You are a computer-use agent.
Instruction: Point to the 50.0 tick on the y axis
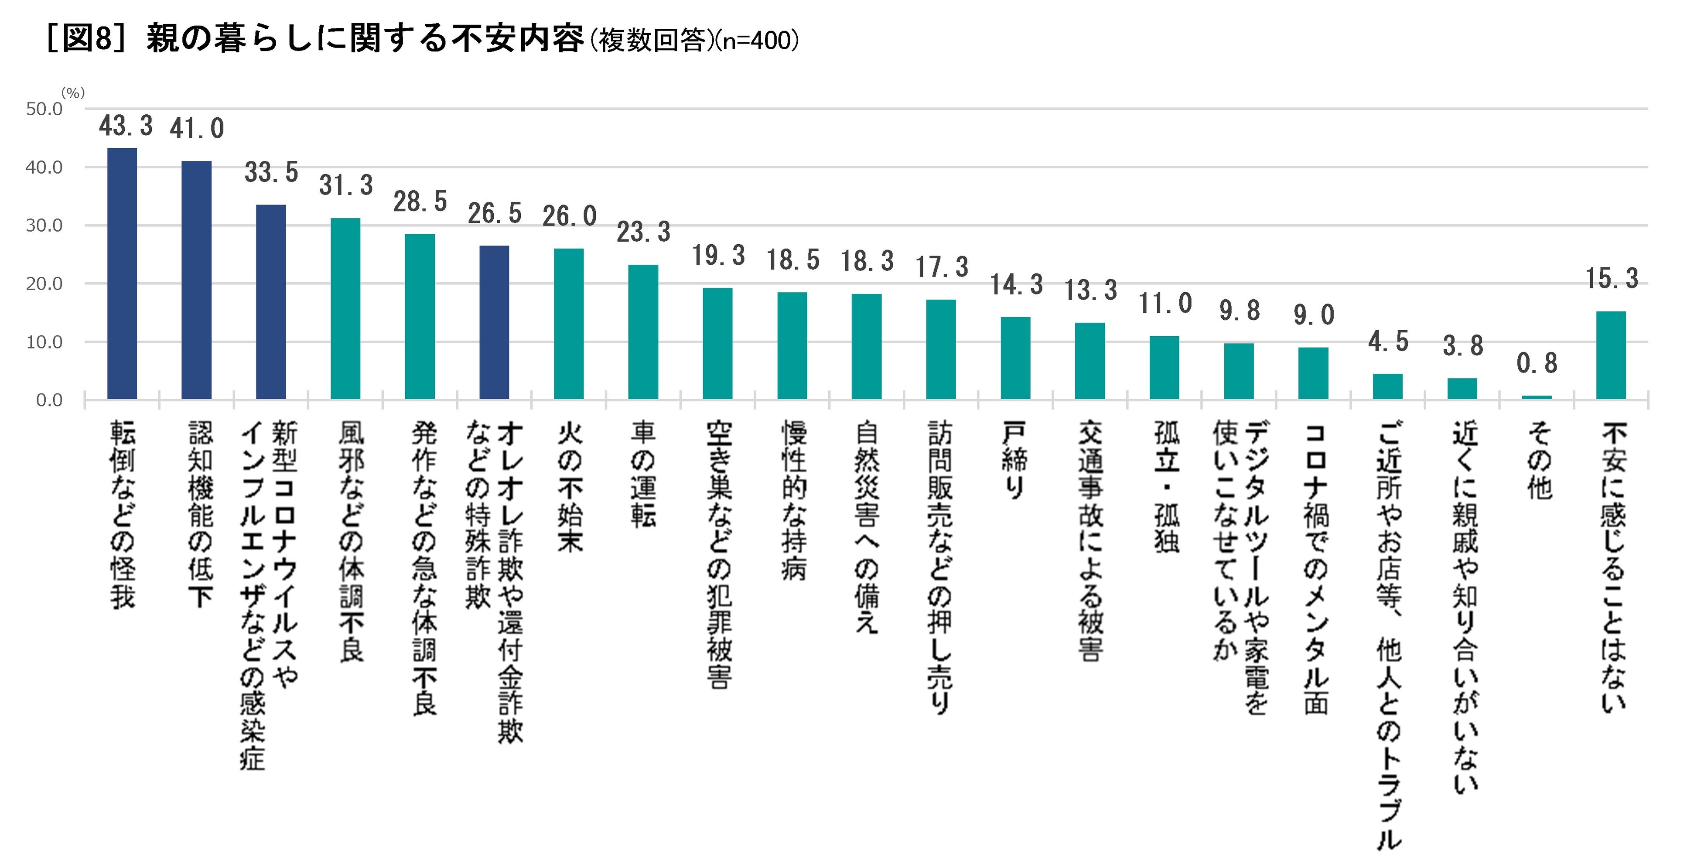click(x=44, y=109)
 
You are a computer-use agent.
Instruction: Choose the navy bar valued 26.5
click(x=494, y=322)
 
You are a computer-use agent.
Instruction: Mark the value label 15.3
click(x=1612, y=279)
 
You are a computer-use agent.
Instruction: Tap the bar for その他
click(x=1537, y=397)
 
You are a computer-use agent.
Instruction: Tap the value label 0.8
click(x=1537, y=363)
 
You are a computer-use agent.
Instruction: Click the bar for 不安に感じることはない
click(x=1611, y=355)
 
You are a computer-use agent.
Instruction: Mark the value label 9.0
click(x=1313, y=315)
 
